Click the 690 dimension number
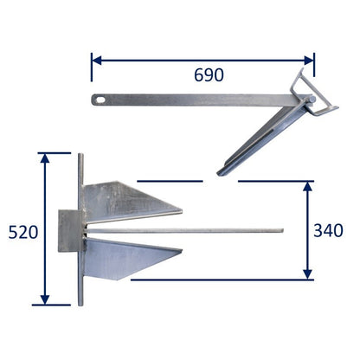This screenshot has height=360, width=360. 209,75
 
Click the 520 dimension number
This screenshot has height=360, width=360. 23,232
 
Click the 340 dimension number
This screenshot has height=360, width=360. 328,230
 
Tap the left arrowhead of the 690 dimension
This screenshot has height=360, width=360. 97,61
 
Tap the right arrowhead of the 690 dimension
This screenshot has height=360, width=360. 309,61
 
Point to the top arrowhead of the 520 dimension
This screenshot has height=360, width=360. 45,158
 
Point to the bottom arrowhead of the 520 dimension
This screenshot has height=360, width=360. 45,299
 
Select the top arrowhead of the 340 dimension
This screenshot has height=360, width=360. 308,187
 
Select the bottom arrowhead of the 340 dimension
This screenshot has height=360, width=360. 308,274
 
